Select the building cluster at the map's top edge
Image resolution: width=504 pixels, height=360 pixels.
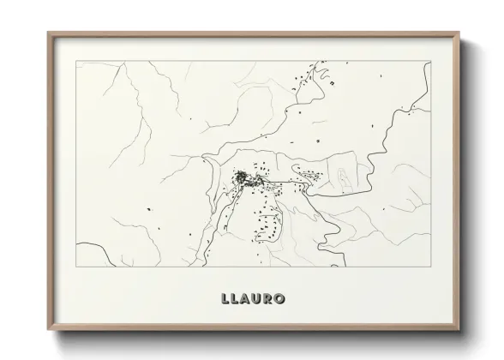point(324,80)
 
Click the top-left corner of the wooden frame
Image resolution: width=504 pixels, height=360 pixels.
point(48,33)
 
